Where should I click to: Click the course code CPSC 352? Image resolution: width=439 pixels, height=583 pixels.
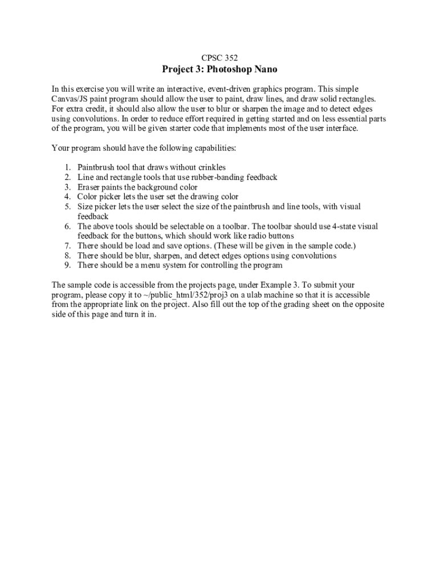[x=219, y=58]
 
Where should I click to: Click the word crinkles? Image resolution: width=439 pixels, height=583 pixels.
[x=210, y=167]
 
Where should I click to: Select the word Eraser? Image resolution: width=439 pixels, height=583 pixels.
[x=90, y=187]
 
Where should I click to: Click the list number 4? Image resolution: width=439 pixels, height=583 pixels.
[x=67, y=196]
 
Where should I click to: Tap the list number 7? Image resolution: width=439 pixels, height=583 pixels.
[x=67, y=245]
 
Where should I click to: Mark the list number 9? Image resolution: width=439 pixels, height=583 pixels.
[x=67, y=265]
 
